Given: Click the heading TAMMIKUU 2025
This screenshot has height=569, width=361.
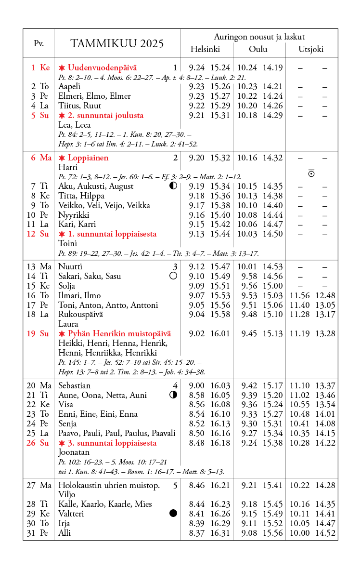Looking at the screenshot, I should tap(117, 44).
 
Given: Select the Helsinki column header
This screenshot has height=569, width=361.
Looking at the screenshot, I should tap(205, 49).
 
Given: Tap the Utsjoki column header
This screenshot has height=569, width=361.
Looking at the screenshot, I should tap(311, 49).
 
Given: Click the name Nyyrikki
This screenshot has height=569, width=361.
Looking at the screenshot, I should tap(74, 215).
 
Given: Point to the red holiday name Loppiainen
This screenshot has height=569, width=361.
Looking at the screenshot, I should tap(88, 158).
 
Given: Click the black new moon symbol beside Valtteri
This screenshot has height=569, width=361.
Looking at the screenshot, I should tap(173, 514).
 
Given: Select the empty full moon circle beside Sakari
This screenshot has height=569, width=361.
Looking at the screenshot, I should tap(173, 276).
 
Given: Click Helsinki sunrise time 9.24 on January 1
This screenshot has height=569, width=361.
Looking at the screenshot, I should tap(197, 68).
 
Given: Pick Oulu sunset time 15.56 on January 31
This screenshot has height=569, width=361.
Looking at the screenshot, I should tap(272, 533).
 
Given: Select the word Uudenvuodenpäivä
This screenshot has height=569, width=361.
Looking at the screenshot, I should tap(102, 68).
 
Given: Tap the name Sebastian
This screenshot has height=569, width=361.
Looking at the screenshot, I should tap(74, 385).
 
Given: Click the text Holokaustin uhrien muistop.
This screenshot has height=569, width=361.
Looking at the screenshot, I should tap(109, 485).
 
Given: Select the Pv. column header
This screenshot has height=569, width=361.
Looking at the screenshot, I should tap(39, 43).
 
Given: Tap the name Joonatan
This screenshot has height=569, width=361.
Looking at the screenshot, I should tap(74, 452).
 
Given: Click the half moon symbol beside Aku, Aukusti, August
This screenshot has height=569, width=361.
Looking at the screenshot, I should tap(173, 186).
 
